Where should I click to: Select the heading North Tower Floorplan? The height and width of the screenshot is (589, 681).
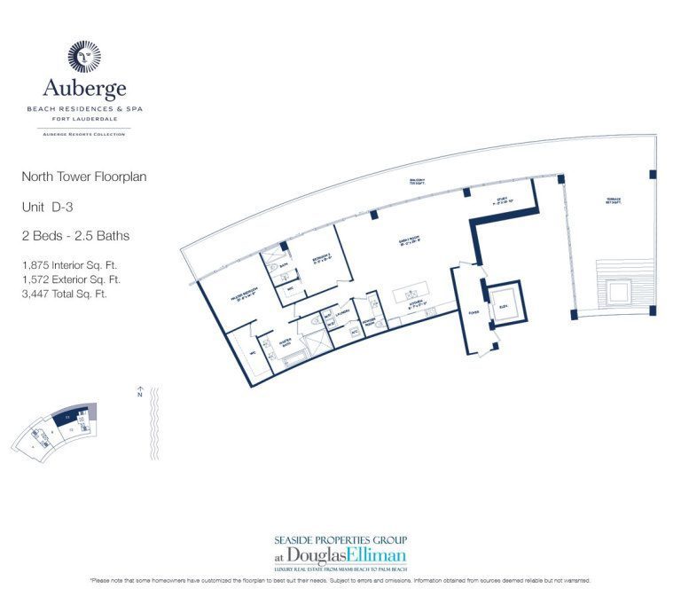coord(84,177)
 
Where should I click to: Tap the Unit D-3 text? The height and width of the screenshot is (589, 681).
coord(52,206)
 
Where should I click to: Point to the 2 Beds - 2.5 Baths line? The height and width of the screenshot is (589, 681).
coord(75,236)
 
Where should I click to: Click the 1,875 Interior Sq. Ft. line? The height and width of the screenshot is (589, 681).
coord(69,264)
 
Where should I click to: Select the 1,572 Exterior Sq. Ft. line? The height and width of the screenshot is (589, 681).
coord(71,279)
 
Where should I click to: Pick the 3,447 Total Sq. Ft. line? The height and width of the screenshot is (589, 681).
coord(64,293)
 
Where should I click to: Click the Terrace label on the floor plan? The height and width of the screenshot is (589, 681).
coord(613,199)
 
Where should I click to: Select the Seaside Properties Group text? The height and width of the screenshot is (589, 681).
coord(340,539)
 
